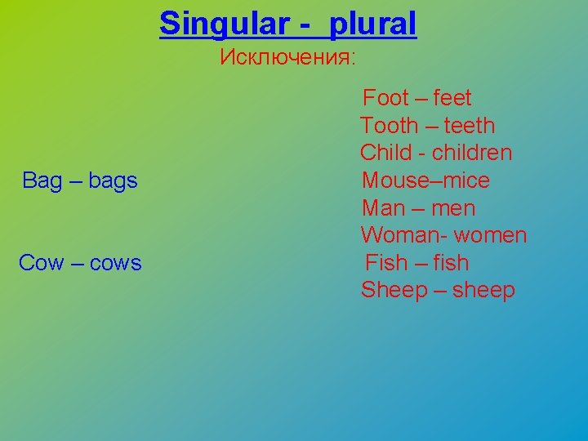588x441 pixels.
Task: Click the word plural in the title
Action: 372,24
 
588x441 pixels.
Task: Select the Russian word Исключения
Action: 287,58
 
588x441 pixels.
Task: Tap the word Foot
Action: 385,98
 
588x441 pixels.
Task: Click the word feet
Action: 452,98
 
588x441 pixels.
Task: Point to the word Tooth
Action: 390,126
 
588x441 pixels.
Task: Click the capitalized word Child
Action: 386,153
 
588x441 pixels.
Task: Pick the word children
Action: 472,153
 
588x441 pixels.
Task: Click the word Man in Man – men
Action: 383,208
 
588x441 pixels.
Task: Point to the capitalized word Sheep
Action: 394,291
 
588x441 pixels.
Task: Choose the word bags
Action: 112,181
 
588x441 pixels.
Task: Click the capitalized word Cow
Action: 40,263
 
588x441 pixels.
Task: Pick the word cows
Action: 115,263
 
